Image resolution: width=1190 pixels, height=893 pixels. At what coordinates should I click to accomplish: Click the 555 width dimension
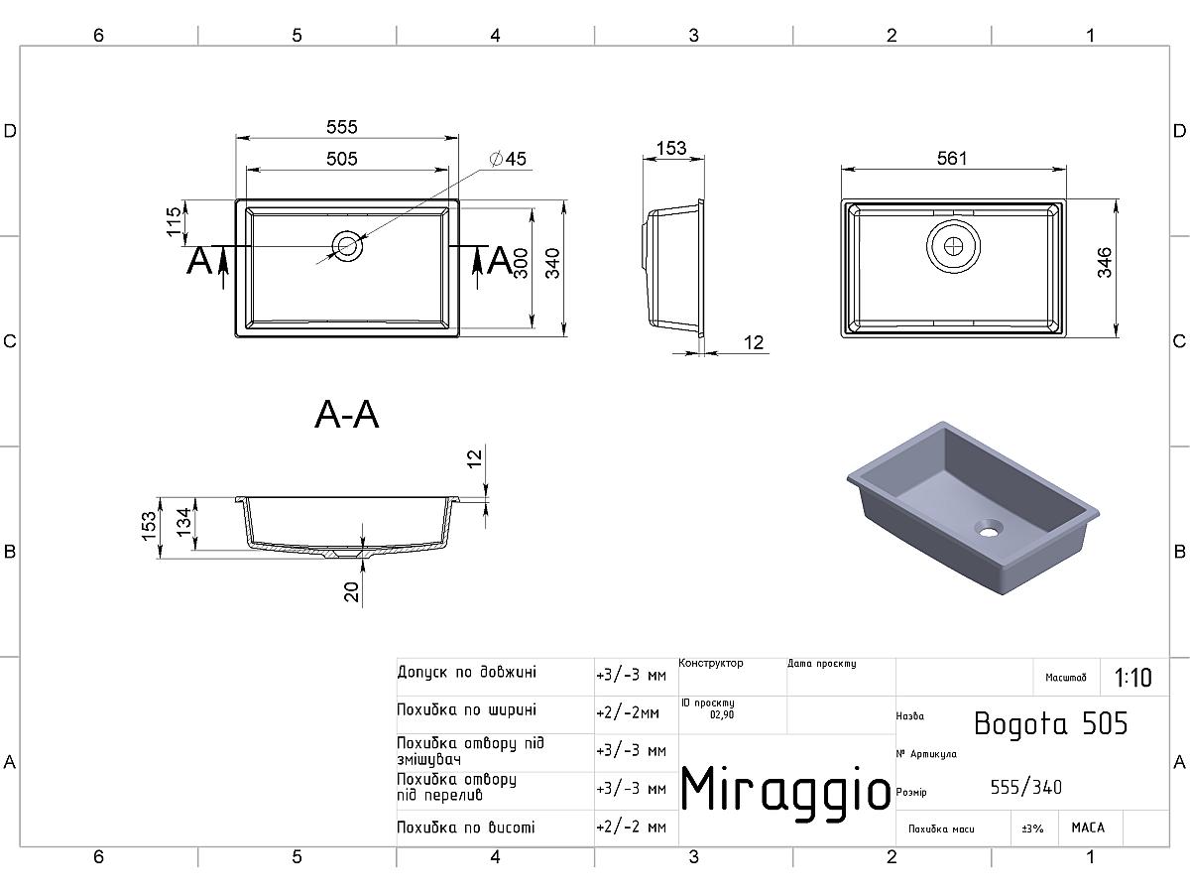tap(341, 127)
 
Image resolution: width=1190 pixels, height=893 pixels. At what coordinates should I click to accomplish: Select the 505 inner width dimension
tap(341, 159)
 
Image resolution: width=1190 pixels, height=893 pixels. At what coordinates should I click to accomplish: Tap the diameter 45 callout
tap(508, 159)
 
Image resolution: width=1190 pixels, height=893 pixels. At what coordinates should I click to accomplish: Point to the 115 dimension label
tap(174, 221)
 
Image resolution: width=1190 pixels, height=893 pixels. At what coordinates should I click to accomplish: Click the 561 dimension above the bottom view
tap(952, 159)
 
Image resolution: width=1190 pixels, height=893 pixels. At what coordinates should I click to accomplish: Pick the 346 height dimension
tap(1105, 262)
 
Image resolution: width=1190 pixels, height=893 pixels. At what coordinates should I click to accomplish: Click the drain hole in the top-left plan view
tap(347, 246)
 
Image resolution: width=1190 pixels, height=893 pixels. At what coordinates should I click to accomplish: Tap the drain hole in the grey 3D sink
tap(988, 528)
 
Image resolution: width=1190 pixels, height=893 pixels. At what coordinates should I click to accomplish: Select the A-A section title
tap(346, 416)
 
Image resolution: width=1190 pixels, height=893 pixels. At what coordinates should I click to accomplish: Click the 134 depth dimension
tap(184, 522)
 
